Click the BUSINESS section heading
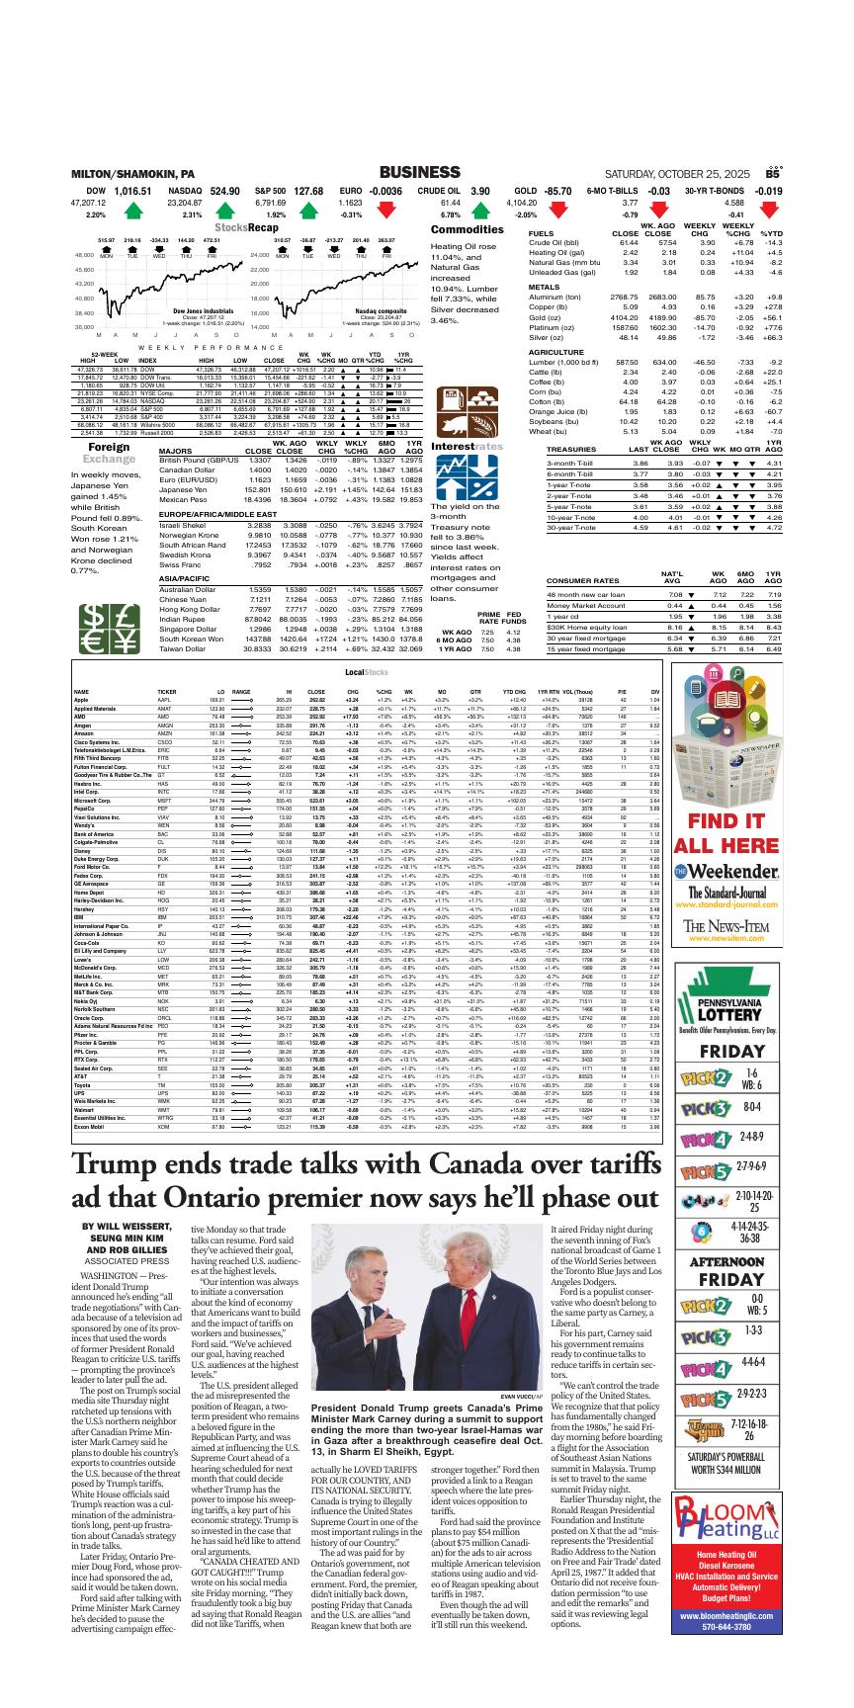point(426,172)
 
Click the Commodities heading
point(469,229)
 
